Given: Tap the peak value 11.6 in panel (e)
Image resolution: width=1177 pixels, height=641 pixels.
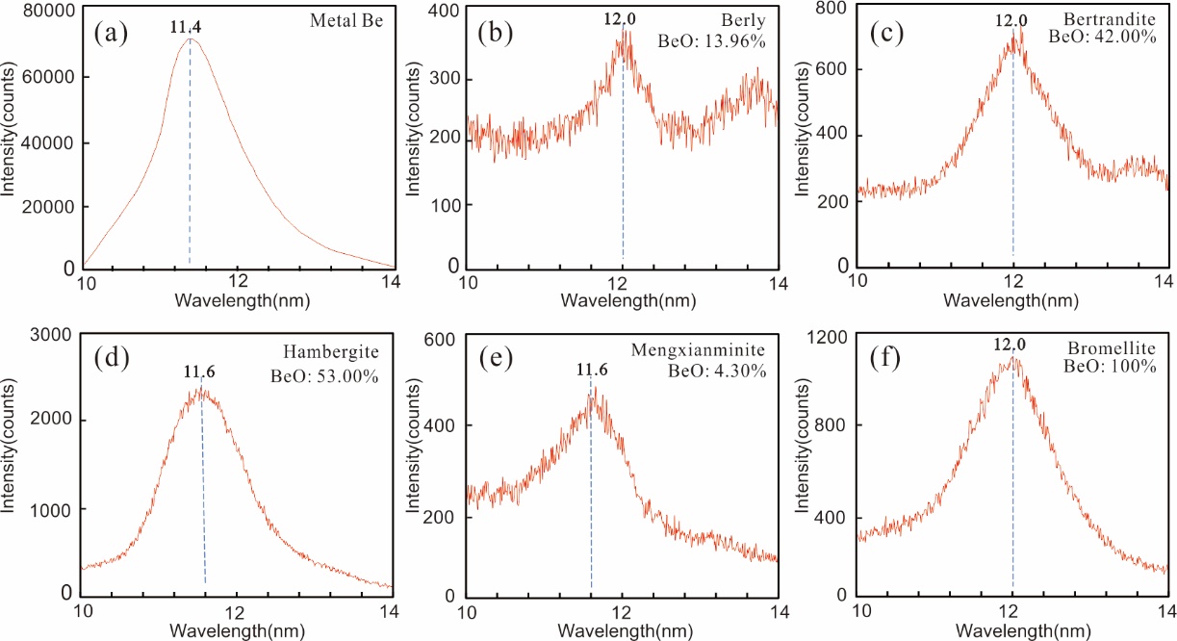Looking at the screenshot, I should point(591,369).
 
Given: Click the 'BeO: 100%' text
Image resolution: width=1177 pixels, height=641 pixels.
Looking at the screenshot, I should point(1117,367).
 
